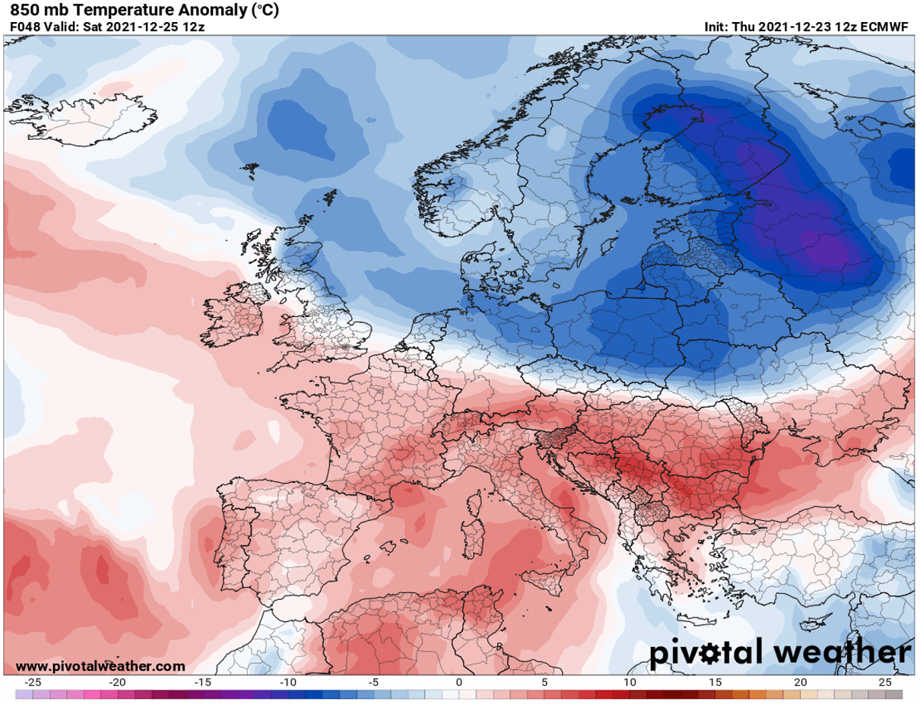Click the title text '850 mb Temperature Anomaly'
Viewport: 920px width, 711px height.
tap(114, 11)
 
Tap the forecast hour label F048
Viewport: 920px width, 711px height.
tap(23, 27)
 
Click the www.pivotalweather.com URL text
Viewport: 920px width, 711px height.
tap(100, 666)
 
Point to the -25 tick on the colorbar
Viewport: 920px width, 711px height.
tap(33, 682)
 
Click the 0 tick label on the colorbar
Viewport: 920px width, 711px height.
tap(459, 682)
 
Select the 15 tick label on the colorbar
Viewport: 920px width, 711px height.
tap(715, 682)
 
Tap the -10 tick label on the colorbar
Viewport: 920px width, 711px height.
tap(289, 682)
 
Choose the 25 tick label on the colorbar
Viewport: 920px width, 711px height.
tap(884, 682)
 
